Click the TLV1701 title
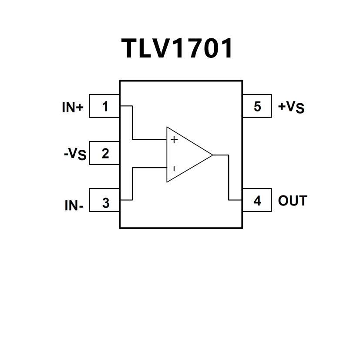(178, 48)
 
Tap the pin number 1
(105, 106)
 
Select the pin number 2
(105, 153)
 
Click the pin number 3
(105, 203)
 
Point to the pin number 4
(257, 201)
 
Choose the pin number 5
(257, 106)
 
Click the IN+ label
(72, 108)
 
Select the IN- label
(74, 205)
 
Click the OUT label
(293, 201)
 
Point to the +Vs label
(291, 107)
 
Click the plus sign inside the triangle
(174, 140)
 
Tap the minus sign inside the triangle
(174, 168)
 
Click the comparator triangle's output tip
(212, 155)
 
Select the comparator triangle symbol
(185, 155)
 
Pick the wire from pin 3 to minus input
(132, 183)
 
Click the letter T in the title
(130, 48)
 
